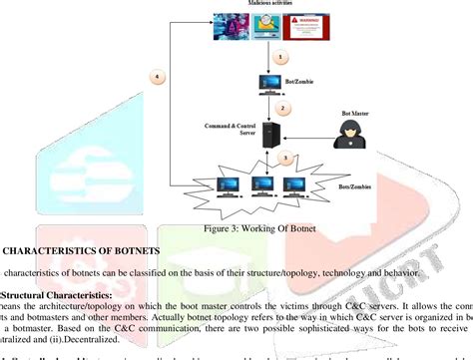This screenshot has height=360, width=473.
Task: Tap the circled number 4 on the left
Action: click(153, 76)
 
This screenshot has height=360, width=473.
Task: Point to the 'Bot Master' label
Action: click(351, 115)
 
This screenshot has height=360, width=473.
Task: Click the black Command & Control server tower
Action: click(268, 136)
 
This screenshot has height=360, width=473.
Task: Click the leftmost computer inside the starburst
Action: click(229, 184)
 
